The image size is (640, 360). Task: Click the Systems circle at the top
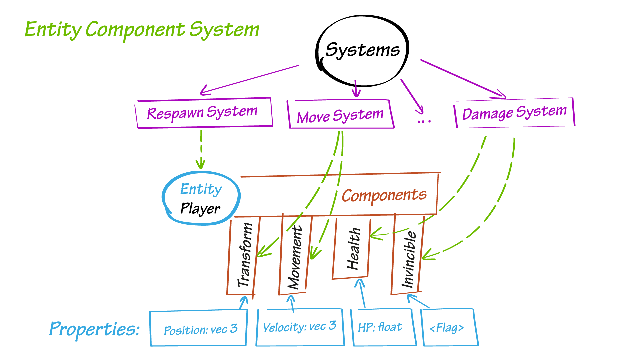point(362,50)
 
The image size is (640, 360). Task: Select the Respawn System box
point(203,113)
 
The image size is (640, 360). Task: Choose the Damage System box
point(514,113)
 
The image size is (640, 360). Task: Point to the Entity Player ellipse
point(201,199)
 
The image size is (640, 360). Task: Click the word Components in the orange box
point(384,195)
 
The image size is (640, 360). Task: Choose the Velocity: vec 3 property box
point(300,327)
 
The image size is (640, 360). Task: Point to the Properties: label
point(94,329)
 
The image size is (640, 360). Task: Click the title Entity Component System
point(142,29)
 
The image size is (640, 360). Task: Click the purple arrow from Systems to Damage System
point(463,79)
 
